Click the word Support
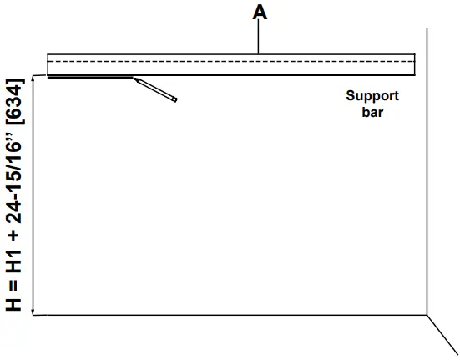372,95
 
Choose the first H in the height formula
15,302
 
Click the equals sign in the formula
15,281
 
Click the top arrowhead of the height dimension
33,77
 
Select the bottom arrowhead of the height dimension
33,312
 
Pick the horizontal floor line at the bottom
234,316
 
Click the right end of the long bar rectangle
414,64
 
